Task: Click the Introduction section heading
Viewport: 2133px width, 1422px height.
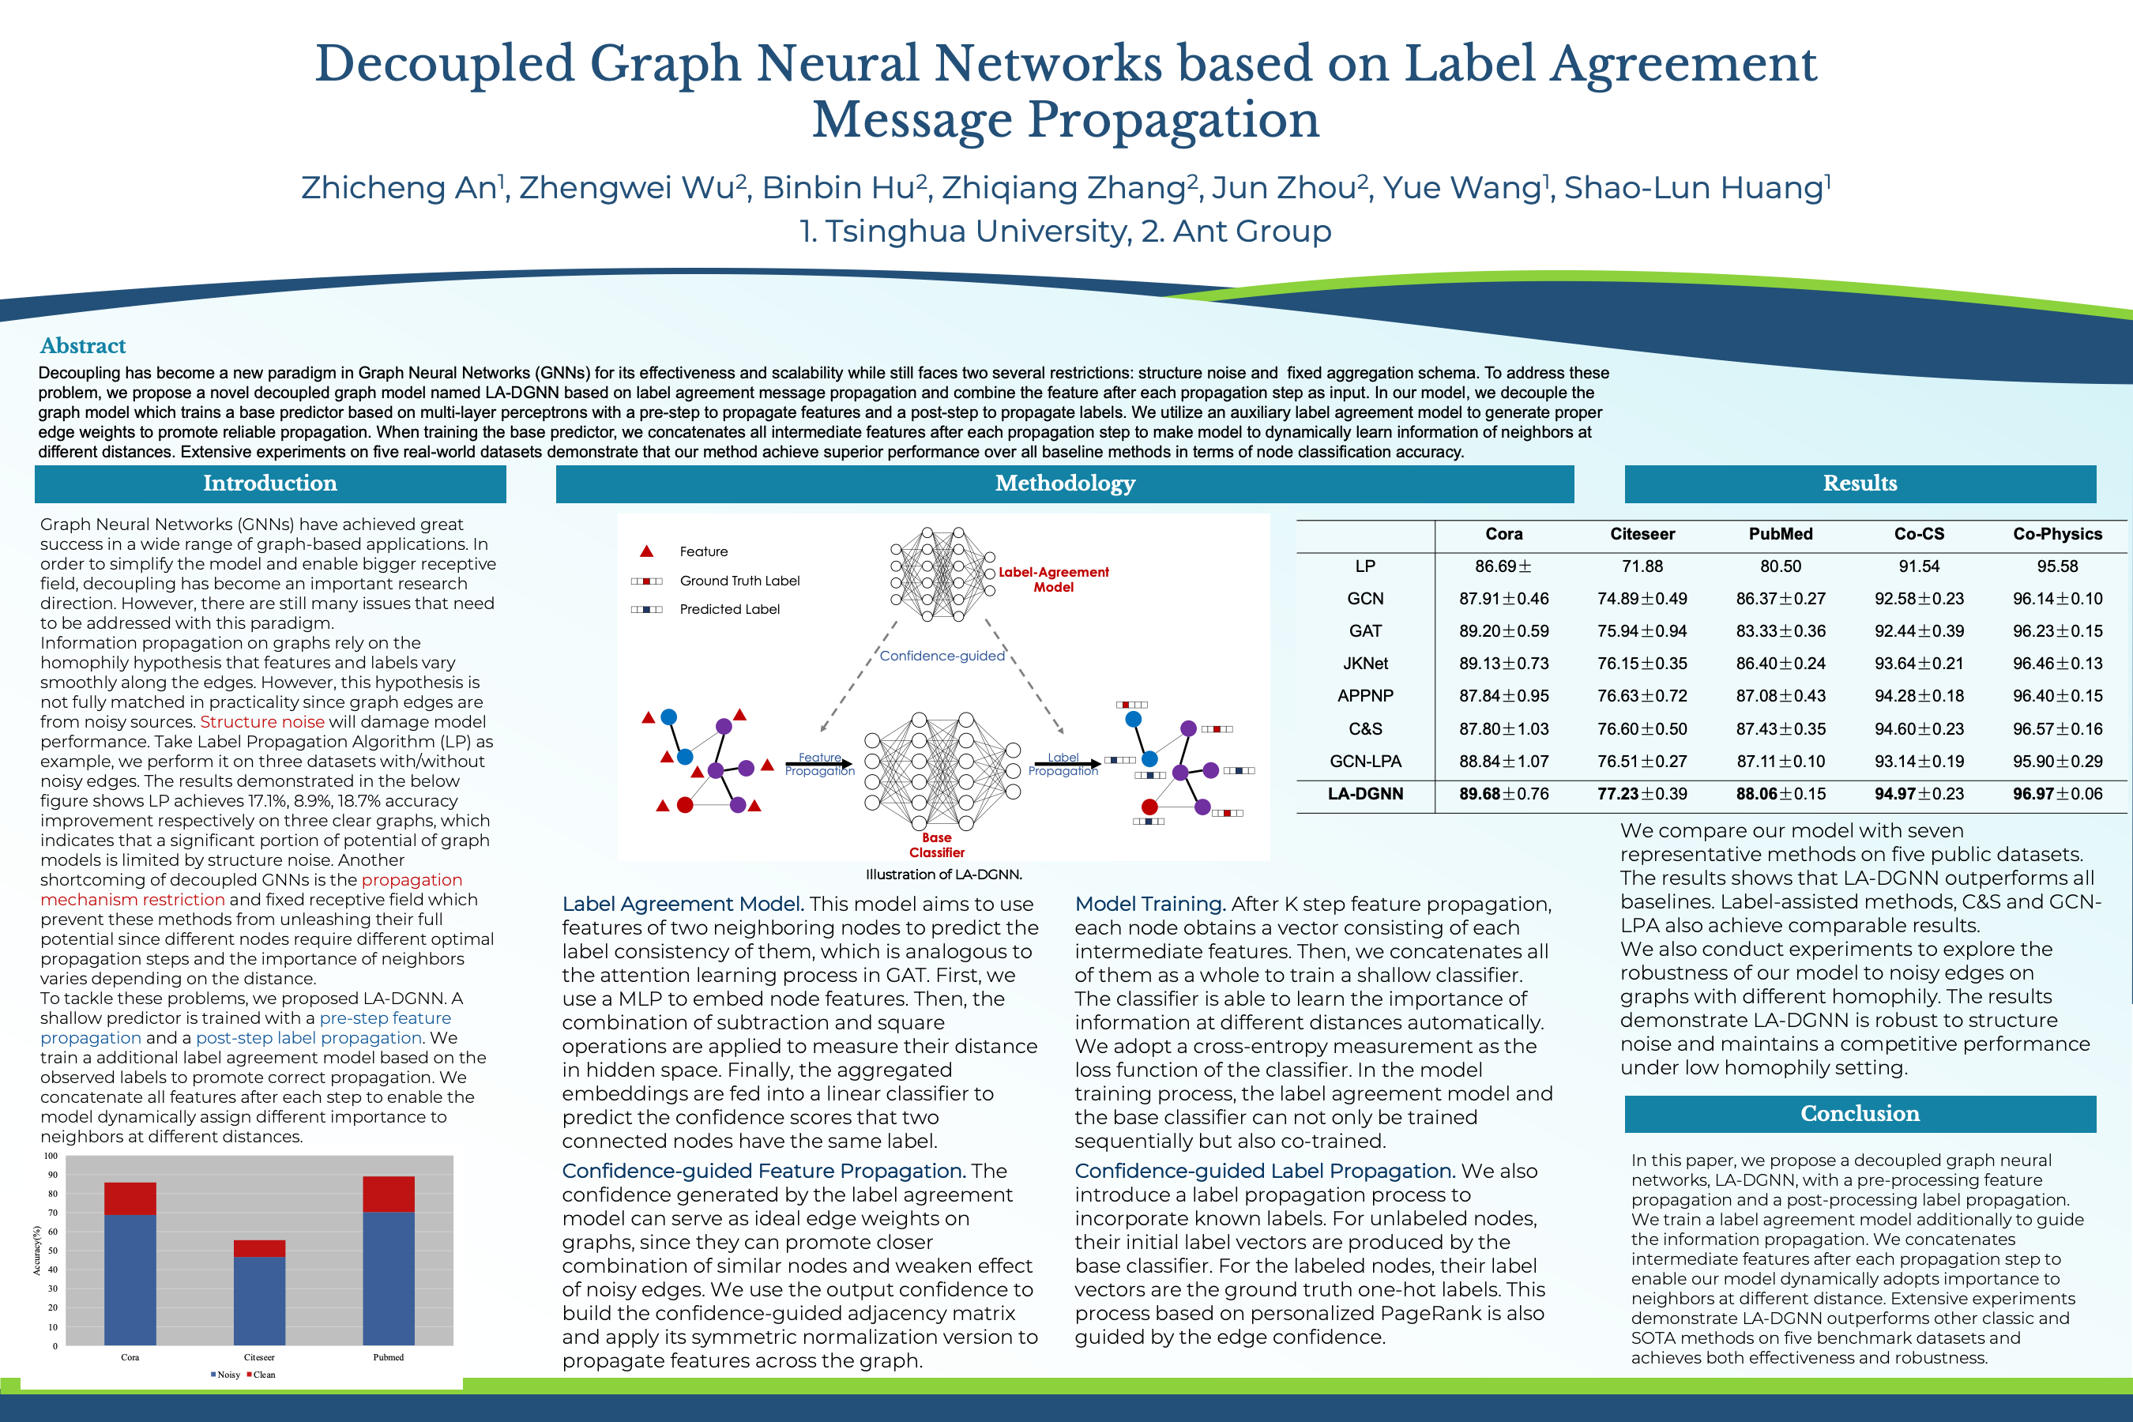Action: [x=269, y=483]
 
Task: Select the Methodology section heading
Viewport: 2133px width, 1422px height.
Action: [x=1065, y=483]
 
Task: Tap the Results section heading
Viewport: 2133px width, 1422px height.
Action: [x=1859, y=483]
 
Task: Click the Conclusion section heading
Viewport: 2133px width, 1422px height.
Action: [x=1859, y=1114]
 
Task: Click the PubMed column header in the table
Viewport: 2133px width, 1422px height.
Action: [x=1780, y=534]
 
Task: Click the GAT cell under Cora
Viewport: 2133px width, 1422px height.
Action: [x=1503, y=631]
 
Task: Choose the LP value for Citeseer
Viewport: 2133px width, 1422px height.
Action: [x=1642, y=566]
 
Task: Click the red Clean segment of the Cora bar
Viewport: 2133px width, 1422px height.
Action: [x=130, y=1198]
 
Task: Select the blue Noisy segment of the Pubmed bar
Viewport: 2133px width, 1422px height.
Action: [x=388, y=1279]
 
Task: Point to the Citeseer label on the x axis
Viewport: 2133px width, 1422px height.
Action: [x=259, y=1357]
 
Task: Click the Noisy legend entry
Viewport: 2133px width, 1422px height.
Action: [x=226, y=1375]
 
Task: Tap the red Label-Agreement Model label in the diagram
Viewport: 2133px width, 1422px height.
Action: [x=1053, y=580]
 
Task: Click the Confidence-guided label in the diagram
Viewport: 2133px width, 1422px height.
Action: [x=942, y=656]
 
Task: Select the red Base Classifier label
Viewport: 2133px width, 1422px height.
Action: [x=937, y=845]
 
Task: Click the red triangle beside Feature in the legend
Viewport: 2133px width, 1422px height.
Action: [x=646, y=551]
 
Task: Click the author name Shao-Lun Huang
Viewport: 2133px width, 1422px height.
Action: [x=1696, y=188]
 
